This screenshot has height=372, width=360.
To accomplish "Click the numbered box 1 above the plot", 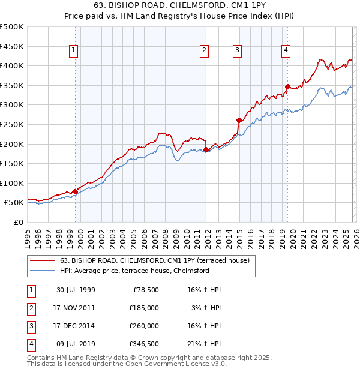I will [x=73, y=50].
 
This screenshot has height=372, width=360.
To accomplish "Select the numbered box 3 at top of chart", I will [x=238, y=50].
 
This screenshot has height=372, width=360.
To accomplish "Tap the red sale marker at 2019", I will [x=287, y=86].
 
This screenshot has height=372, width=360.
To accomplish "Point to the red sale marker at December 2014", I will [x=239, y=120].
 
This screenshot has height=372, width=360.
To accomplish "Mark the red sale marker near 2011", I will [x=206, y=149].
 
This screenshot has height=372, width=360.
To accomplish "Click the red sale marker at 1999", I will [x=76, y=191].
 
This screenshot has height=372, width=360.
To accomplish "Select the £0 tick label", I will [x=18, y=222].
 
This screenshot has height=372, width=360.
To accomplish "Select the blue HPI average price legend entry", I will [x=134, y=271].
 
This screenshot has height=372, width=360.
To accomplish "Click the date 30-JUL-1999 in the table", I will [x=76, y=290].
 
